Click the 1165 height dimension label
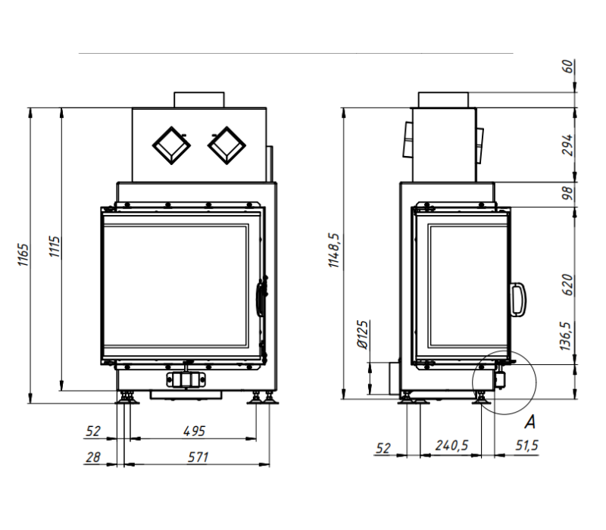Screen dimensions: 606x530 click(x=23, y=254)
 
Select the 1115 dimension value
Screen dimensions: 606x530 click(x=55, y=247)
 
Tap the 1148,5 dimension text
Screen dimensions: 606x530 click(x=334, y=250)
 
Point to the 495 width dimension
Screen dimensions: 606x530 click(x=194, y=431)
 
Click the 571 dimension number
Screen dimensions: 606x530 click(x=198, y=457)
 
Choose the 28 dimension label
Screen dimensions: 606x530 click(x=93, y=457)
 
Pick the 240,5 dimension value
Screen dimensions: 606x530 click(x=451, y=445)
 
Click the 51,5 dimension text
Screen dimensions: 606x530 click(x=526, y=445)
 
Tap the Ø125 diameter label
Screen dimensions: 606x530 click(x=363, y=335)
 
